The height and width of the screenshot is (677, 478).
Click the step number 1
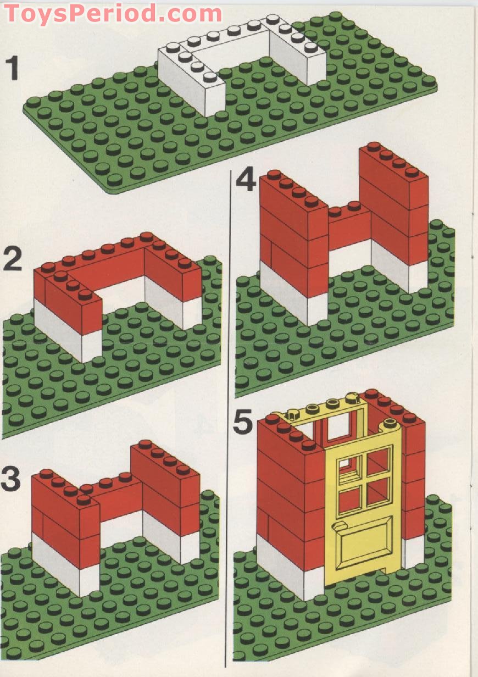coord(12,68)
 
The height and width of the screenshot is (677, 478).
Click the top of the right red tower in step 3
coord(164,456)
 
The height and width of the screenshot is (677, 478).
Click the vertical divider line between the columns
coord(229,418)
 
